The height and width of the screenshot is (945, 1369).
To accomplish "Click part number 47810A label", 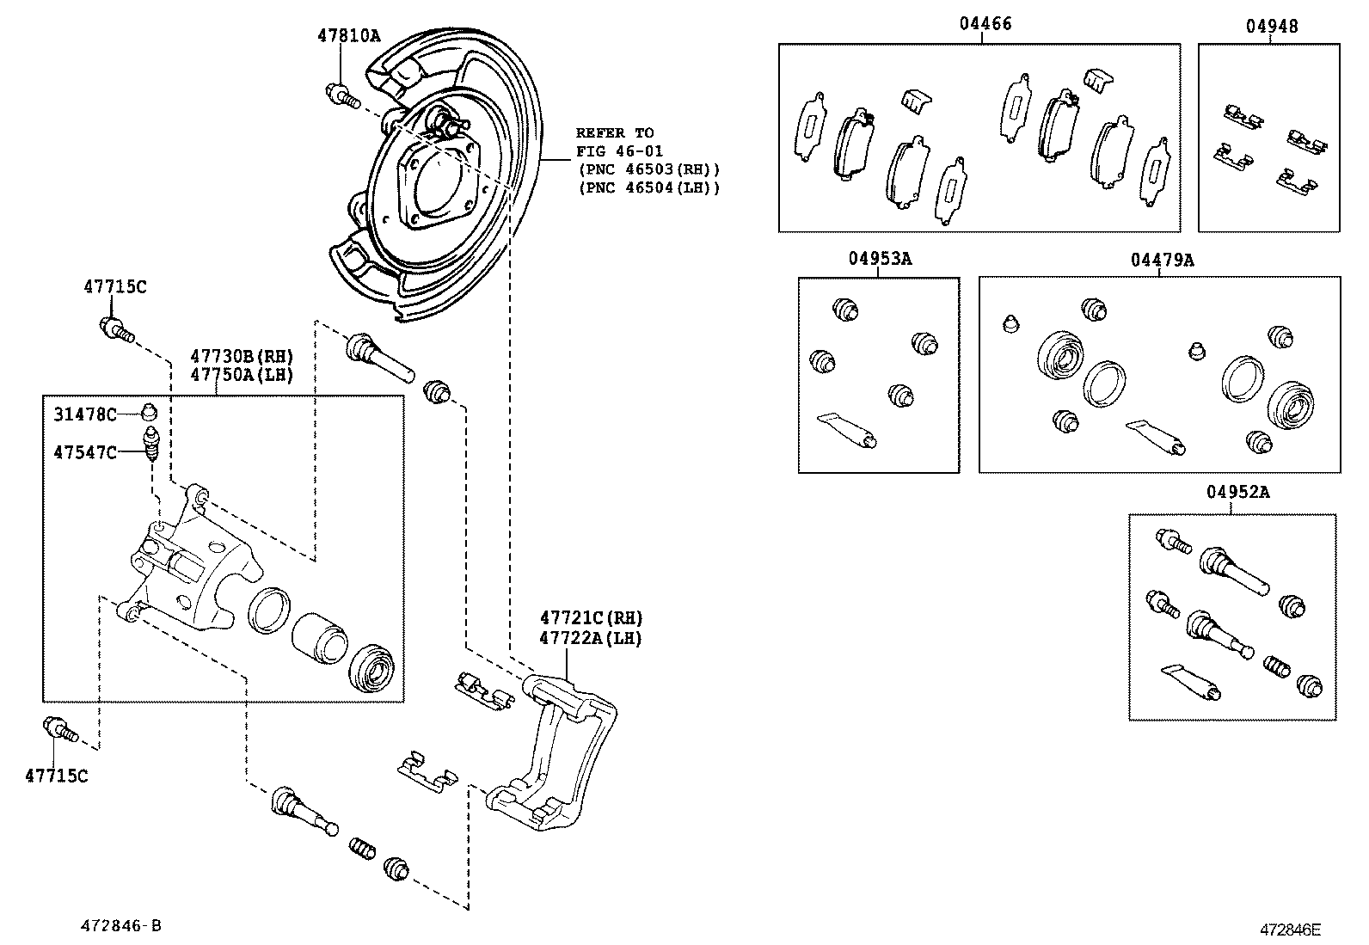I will click(347, 35).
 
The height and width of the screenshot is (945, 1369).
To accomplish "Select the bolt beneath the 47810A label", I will click(341, 94).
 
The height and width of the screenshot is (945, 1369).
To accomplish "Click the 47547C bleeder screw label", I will click(83, 452).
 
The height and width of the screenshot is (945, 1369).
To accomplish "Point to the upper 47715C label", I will click(115, 287).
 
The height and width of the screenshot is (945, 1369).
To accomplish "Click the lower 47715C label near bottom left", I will click(56, 776).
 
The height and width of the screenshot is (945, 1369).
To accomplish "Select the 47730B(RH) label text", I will click(242, 356).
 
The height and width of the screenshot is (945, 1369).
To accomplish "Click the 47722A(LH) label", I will click(591, 638).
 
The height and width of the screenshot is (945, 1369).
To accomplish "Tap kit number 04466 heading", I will click(985, 24).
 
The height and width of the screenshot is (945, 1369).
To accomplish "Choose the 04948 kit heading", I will click(1272, 27).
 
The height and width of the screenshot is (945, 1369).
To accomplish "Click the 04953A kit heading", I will click(880, 259).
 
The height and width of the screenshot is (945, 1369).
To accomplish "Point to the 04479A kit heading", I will click(1162, 260).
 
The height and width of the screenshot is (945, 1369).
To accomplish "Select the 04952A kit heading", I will click(1237, 493).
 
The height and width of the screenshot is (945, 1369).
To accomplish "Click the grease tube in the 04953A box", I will click(847, 429).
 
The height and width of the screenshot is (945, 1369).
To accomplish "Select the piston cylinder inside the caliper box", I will click(318, 639).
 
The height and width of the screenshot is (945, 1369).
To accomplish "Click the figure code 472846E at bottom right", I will click(1290, 930).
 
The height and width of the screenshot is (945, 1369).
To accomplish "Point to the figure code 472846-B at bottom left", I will click(120, 926).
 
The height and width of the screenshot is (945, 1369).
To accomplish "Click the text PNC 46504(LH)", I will click(649, 187).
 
